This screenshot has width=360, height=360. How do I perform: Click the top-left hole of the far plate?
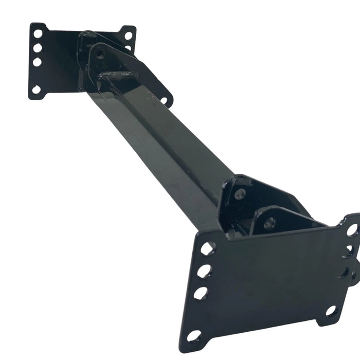[x=38, y=34]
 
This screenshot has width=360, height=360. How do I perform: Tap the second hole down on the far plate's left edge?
[x=38, y=48]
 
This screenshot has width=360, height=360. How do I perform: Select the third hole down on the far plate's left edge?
[x=37, y=62]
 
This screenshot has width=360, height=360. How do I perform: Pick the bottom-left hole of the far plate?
[x=36, y=89]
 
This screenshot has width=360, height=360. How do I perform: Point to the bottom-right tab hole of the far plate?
[x=164, y=100]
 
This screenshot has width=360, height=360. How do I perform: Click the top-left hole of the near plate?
[x=207, y=249]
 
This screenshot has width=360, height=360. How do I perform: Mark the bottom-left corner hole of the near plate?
[x=194, y=336]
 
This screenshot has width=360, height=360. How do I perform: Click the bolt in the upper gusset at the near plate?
[x=239, y=194]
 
